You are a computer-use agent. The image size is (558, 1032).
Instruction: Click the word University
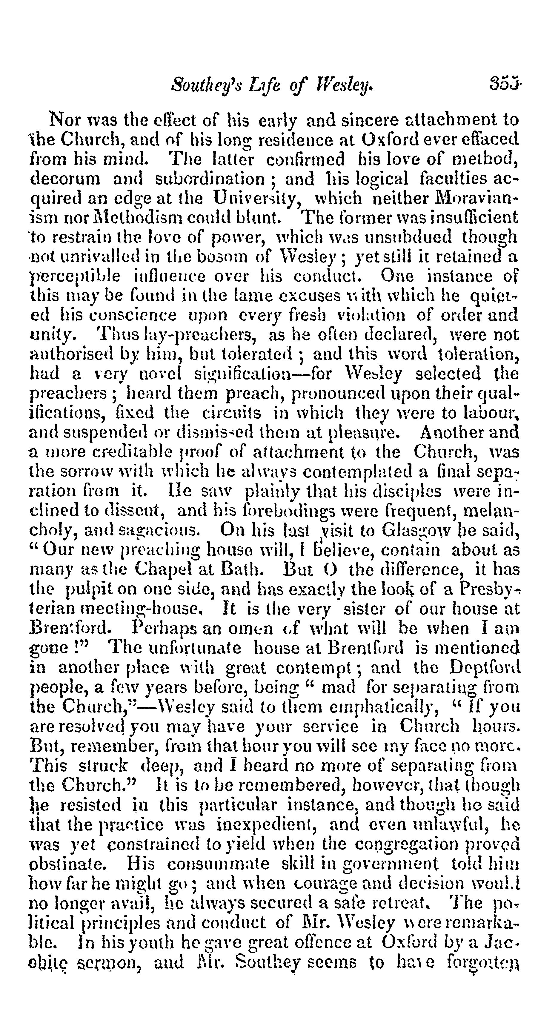(x=260, y=198)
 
